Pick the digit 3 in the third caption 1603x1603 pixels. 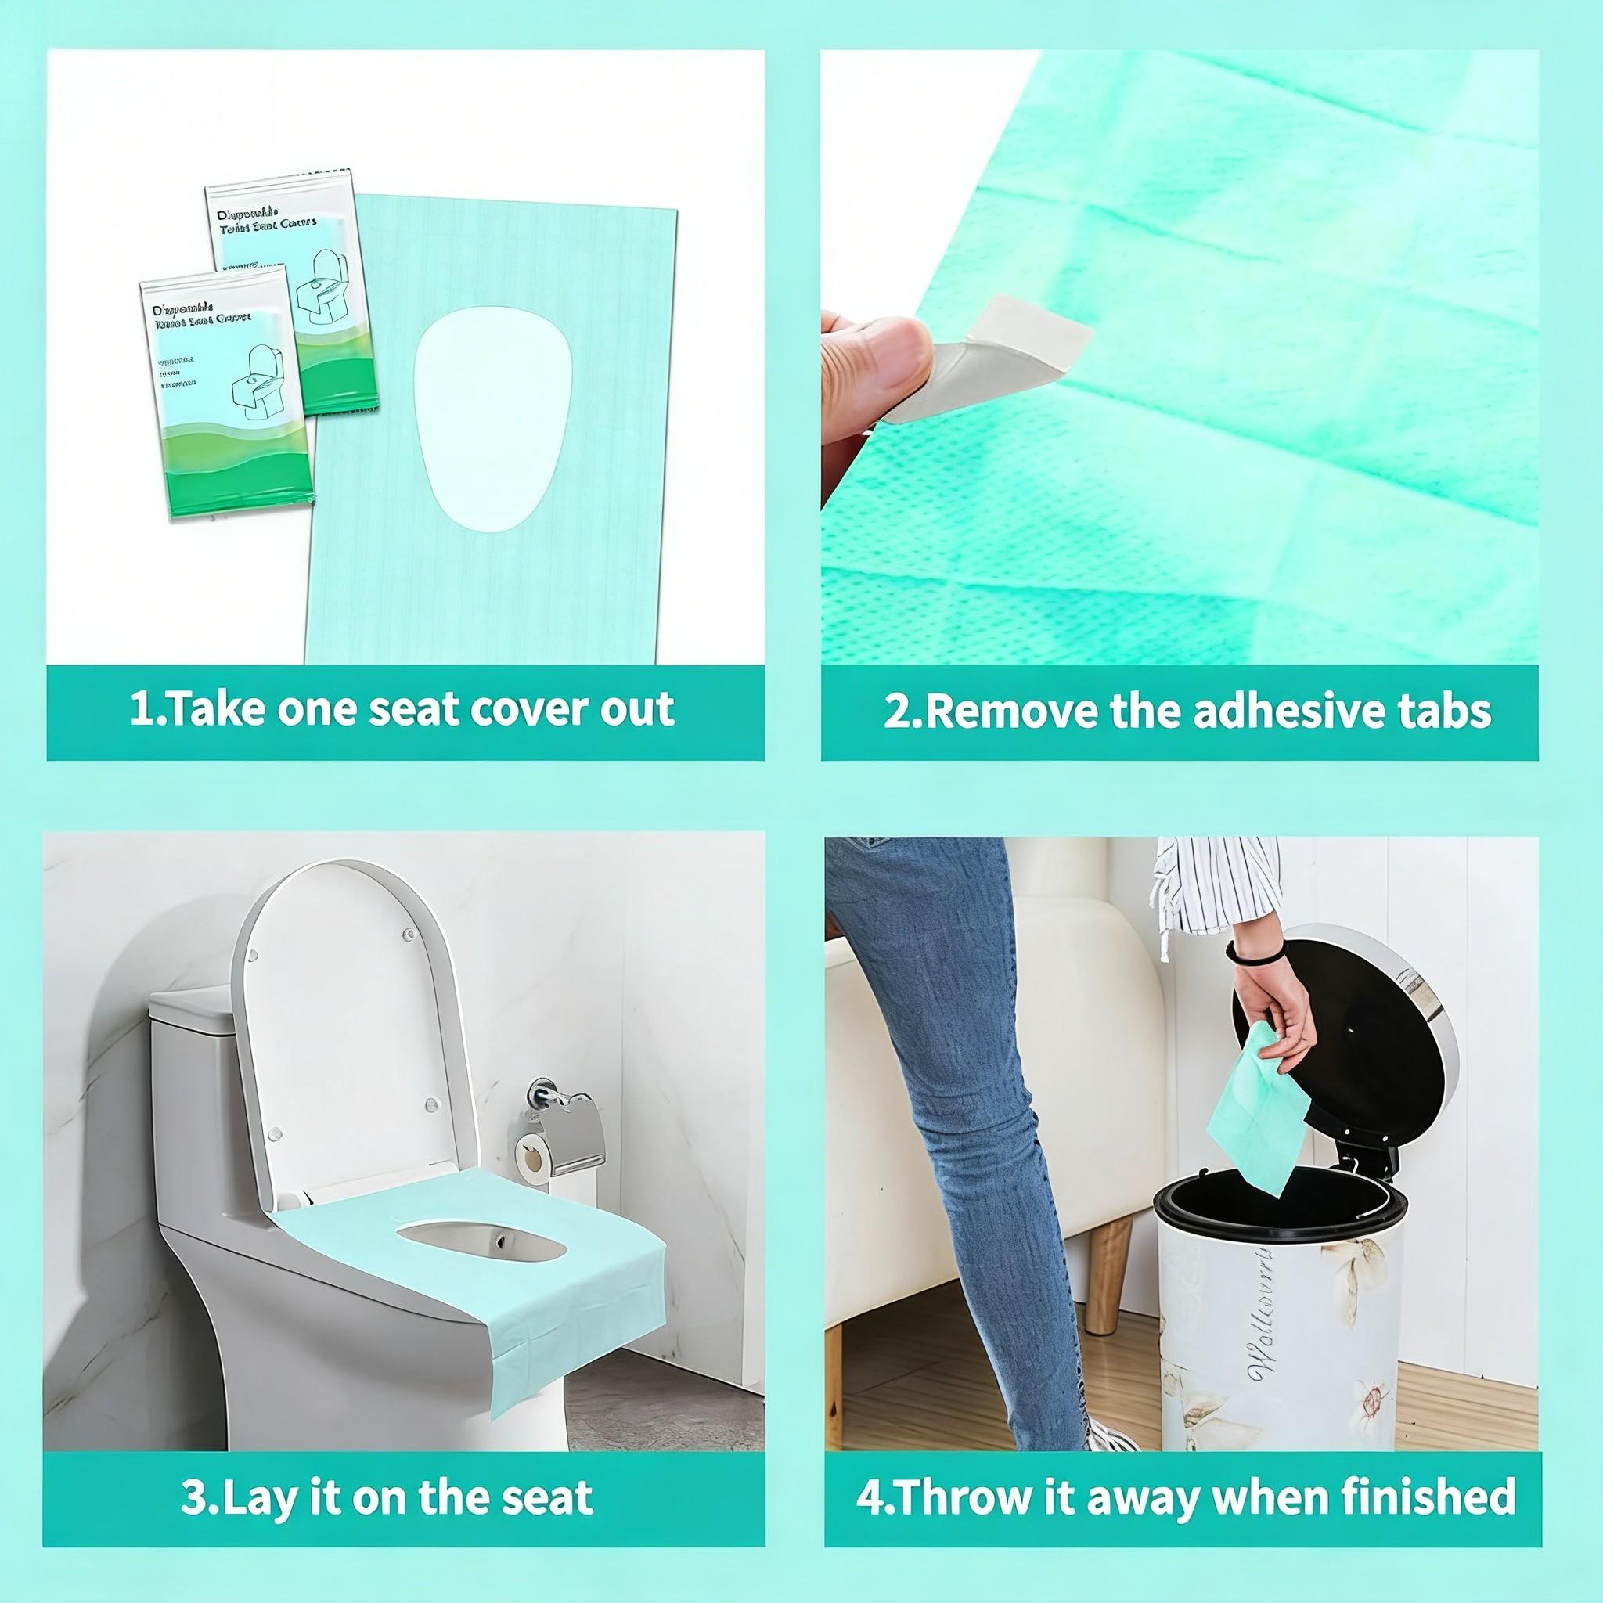[193, 1473]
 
